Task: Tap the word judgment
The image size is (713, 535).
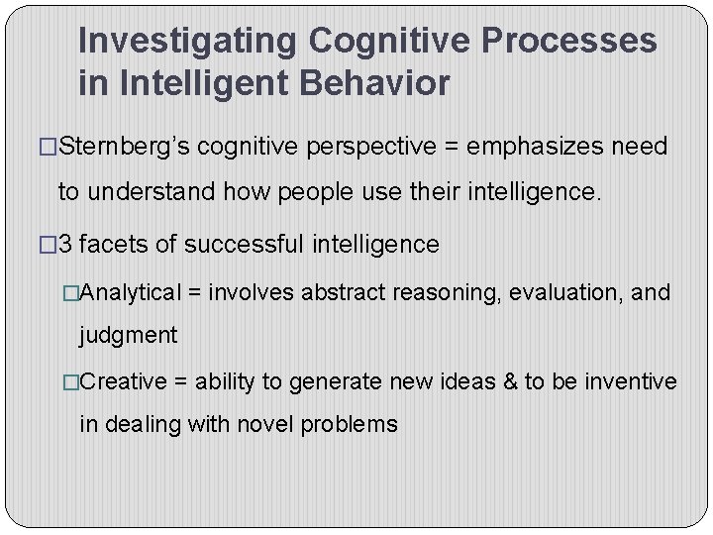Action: (129, 336)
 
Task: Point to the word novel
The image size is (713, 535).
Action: (264, 424)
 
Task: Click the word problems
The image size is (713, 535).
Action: (350, 424)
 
